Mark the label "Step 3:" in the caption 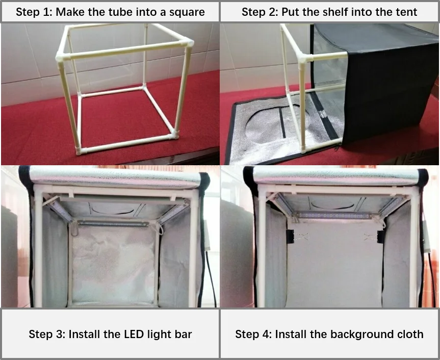coord(47,335)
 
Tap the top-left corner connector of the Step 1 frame coord(62,54)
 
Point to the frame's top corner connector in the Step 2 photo coord(303,58)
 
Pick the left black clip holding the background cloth coord(289,237)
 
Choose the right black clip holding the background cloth coord(380,237)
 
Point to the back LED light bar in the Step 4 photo coord(334,216)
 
